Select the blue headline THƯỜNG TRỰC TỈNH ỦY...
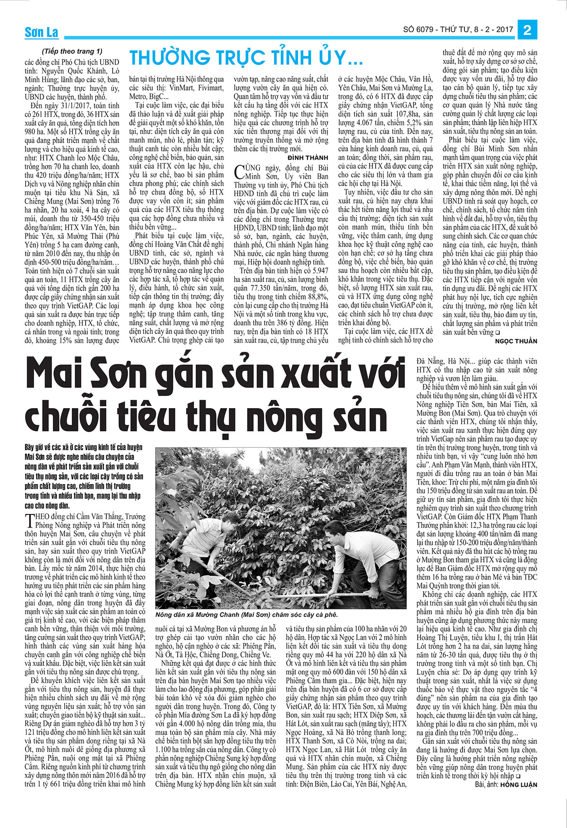click(246, 58)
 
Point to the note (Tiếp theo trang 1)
click(71, 51)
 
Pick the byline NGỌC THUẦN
click(516, 341)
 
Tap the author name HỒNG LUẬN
click(520, 785)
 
